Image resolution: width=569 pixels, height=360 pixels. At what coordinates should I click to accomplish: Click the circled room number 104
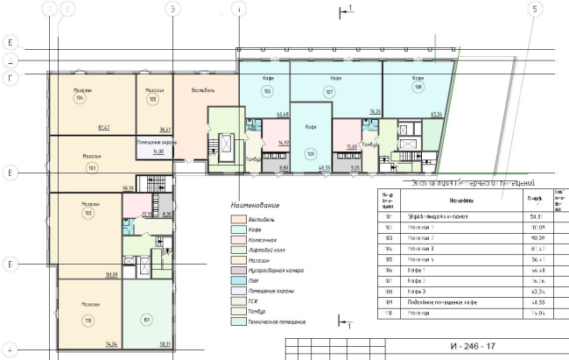point(80,100)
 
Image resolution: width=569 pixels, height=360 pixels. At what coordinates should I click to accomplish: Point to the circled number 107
point(329,91)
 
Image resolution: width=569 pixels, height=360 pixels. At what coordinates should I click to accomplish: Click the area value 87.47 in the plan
point(104,128)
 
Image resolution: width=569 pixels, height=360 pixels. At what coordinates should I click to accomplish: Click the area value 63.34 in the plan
point(435,113)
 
